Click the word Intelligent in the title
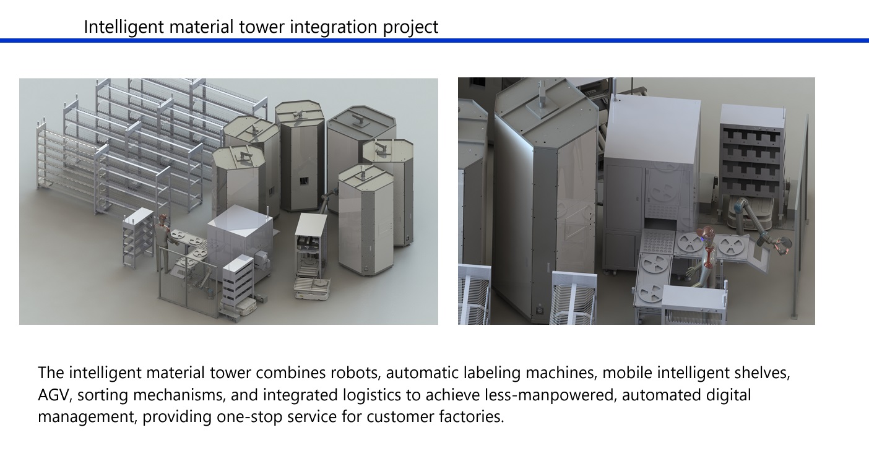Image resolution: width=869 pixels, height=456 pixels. tap(124, 27)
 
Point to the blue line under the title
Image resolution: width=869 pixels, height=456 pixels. tap(434, 40)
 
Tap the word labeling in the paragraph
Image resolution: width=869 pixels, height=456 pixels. tap(492, 373)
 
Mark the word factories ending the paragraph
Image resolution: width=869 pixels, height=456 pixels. tap(472, 417)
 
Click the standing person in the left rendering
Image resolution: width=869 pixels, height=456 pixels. tap(163, 243)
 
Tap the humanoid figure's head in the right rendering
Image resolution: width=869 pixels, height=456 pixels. tap(708, 234)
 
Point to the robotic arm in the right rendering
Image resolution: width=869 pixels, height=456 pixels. tap(760, 225)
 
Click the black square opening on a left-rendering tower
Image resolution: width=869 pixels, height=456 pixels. tap(304, 180)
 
